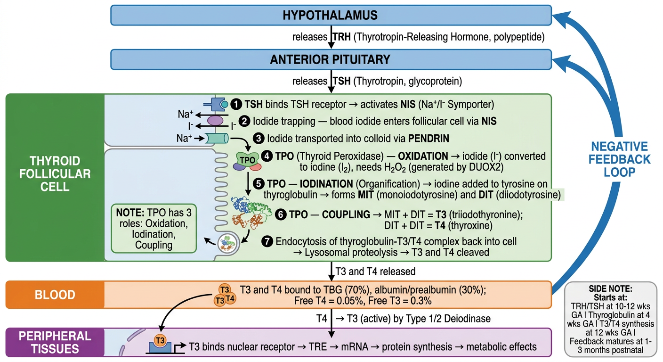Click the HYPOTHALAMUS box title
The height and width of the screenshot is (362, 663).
[330, 15]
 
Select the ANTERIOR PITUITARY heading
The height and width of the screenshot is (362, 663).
[330, 59]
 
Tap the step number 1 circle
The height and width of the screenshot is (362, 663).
[236, 104]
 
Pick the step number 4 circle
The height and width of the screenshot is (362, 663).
[267, 156]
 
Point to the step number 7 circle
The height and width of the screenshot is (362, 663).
[267, 241]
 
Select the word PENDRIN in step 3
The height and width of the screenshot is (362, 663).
[429, 138]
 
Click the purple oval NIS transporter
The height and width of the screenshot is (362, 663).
[215, 121]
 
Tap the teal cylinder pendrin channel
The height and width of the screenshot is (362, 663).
[217, 138]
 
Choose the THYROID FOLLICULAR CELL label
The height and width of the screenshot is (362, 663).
[55, 174]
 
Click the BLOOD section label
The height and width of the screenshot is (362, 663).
[55, 295]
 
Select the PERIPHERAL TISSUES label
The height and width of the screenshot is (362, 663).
[55, 343]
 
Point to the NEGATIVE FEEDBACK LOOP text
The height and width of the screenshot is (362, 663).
[619, 159]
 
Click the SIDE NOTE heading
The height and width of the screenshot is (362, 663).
[610, 288]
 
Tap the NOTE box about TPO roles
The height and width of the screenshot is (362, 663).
[154, 229]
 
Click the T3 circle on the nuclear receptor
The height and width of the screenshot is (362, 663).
[160, 340]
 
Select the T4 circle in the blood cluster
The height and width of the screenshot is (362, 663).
[230, 298]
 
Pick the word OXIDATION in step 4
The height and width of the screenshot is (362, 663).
[423, 156]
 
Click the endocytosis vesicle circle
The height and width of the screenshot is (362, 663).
[227, 244]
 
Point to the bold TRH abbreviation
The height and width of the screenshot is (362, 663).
[341, 37]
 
